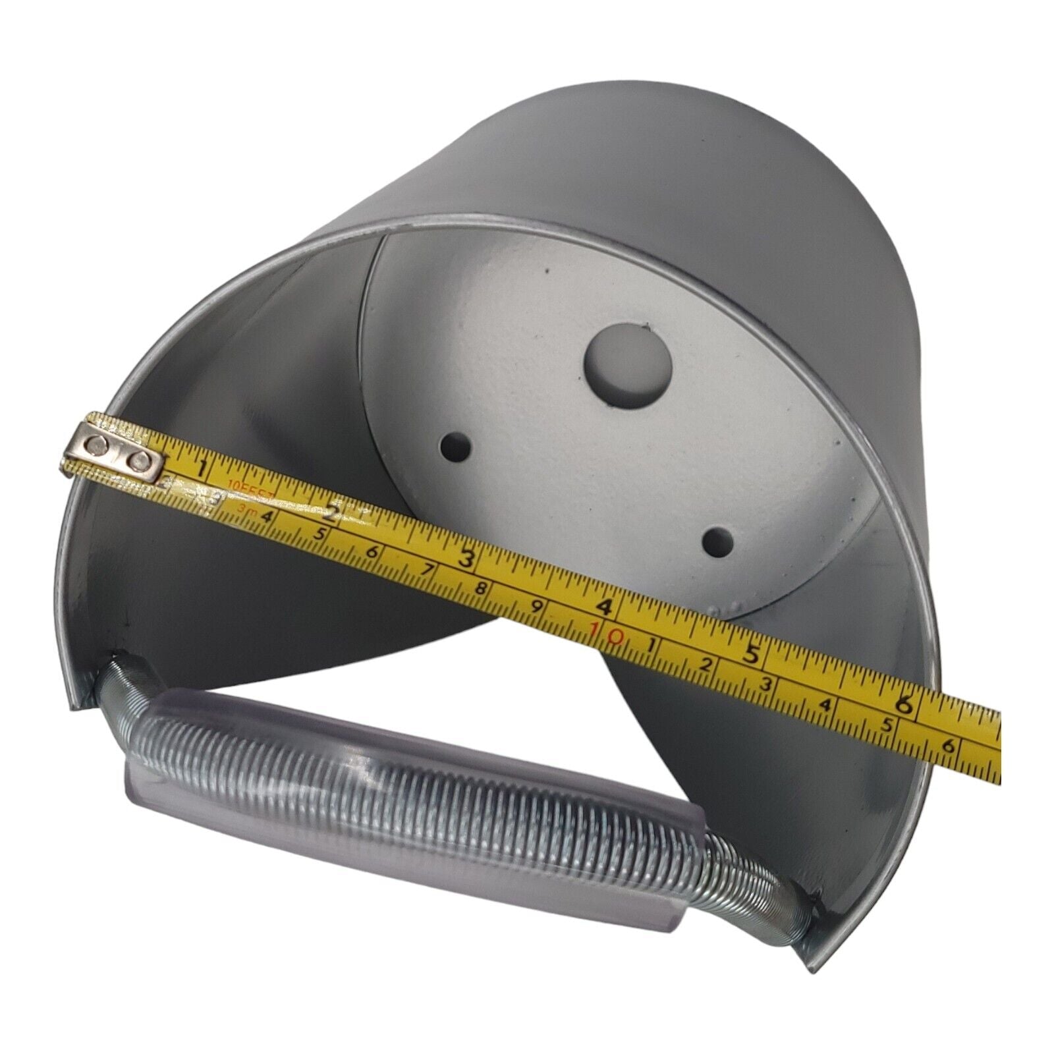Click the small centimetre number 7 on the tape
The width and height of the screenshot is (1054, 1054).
coord(428,570)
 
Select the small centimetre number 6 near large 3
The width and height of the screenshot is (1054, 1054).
coord(372,552)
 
